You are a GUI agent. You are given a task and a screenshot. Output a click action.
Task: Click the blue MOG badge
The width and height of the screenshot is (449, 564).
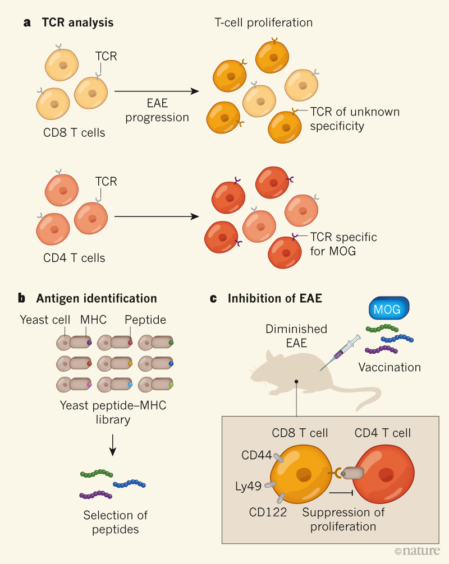(388, 309)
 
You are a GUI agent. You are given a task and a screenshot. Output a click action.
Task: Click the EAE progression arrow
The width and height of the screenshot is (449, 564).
(157, 91)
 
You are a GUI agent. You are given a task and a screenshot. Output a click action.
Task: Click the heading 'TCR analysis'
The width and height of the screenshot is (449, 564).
(77, 23)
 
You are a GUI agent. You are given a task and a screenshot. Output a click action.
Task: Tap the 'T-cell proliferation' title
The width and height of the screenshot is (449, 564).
(264, 23)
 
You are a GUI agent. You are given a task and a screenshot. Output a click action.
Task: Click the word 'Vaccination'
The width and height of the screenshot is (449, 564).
(390, 368)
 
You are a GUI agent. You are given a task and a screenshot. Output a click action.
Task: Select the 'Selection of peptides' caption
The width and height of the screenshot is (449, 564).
(115, 521)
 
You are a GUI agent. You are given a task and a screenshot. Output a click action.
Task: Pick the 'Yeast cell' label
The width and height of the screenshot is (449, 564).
(45, 320)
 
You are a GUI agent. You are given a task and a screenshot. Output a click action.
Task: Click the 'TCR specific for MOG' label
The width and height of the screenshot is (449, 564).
(343, 243)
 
